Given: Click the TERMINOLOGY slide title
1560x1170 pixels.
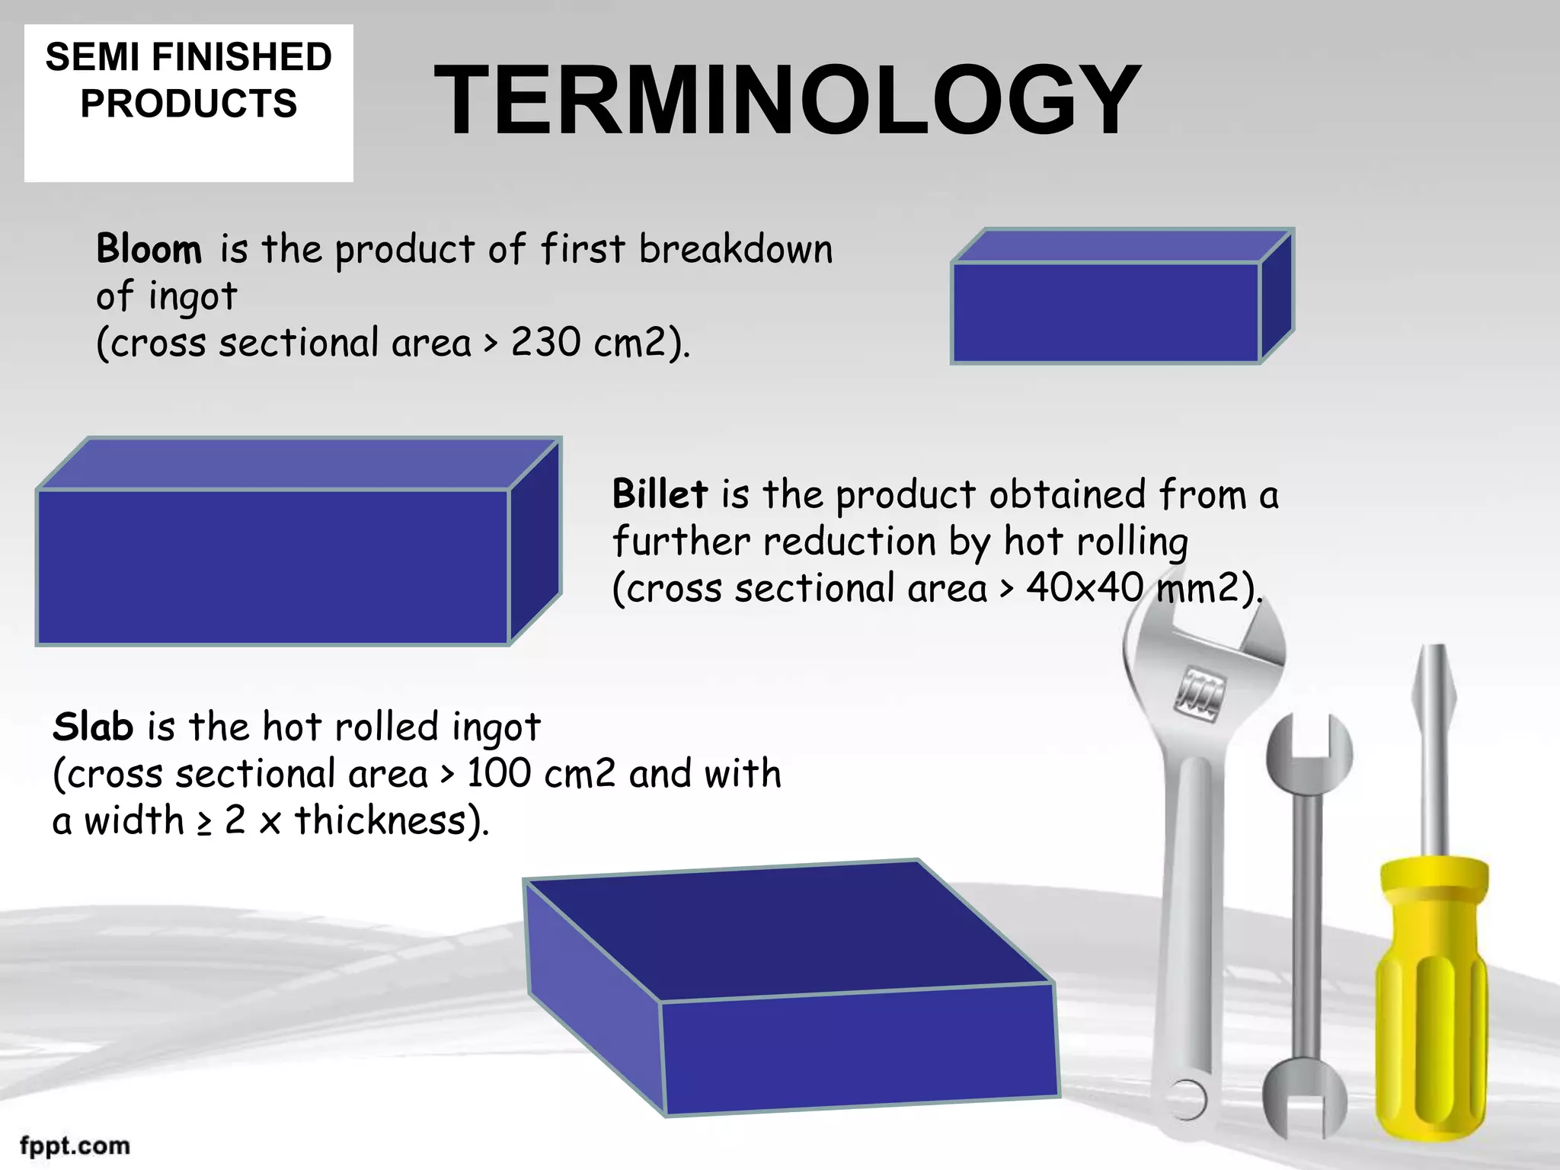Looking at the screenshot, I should coord(787,100).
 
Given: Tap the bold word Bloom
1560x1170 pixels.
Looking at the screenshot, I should coord(149,249).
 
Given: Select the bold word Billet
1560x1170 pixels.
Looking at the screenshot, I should coord(660,494).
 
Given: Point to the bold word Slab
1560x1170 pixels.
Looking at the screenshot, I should coord(93,727).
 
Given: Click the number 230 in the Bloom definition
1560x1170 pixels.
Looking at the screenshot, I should coord(545,342).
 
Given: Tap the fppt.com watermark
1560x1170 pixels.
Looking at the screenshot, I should coord(75,1146).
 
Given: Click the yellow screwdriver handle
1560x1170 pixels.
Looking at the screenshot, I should coord(1432,998).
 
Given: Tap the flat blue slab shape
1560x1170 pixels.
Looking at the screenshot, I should coord(792,990).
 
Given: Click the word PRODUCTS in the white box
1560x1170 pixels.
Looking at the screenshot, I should coord(188,104).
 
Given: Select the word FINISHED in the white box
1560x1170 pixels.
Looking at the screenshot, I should coord(242,57).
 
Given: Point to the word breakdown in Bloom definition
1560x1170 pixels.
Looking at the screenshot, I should coord(736,249).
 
